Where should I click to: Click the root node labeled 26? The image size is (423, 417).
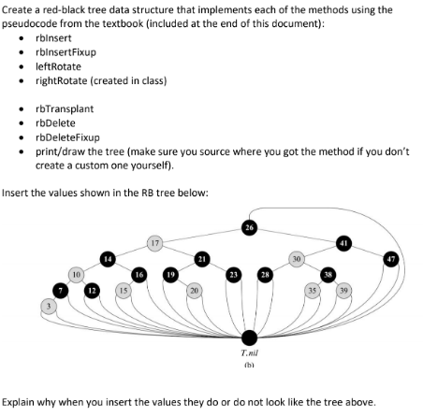pos(249,227)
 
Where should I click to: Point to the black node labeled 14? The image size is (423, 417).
pos(109,257)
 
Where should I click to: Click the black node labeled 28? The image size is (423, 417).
pos(265,275)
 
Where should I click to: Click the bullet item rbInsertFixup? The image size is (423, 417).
pos(66,55)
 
